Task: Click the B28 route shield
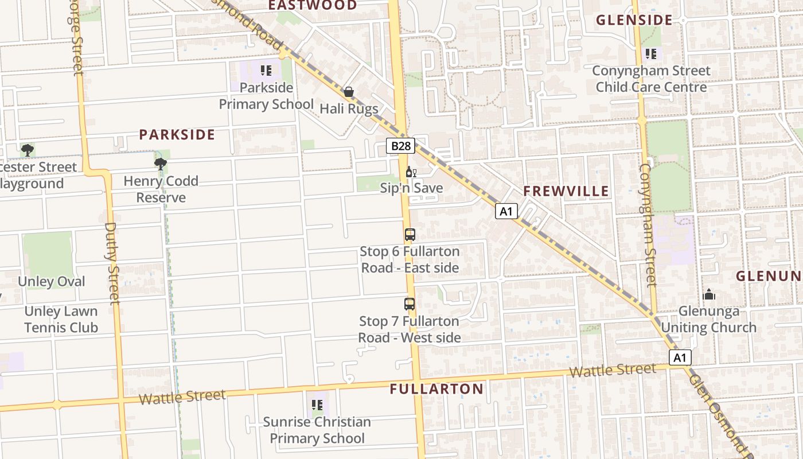(x=400, y=146)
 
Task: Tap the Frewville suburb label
(x=566, y=192)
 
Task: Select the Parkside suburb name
(x=177, y=135)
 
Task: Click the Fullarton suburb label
(x=436, y=389)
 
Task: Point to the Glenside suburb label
(x=634, y=20)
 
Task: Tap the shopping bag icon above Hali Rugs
(x=348, y=92)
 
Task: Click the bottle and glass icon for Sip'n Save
(x=411, y=172)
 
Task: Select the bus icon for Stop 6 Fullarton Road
(x=410, y=235)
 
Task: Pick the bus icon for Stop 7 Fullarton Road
(x=409, y=304)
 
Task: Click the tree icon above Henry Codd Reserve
(x=161, y=164)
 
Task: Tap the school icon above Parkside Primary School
(x=266, y=71)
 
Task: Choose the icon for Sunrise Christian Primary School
(x=317, y=405)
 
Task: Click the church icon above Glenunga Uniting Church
(x=709, y=295)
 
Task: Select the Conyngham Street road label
(x=646, y=225)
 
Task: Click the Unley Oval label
(x=52, y=282)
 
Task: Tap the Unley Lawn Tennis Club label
(x=61, y=320)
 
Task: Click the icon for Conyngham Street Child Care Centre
(x=650, y=54)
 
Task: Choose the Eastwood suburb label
(x=313, y=5)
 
